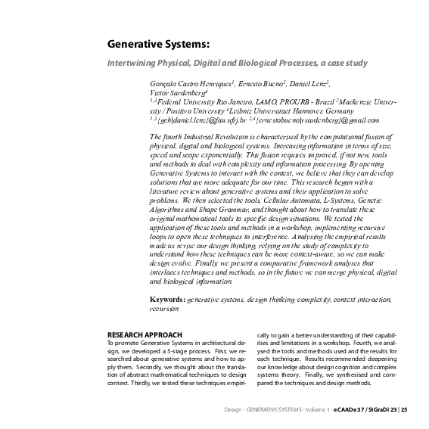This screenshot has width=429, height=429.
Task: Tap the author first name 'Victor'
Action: (161, 92)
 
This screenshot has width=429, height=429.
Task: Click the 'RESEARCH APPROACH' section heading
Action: (145, 334)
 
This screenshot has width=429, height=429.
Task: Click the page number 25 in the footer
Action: (405, 409)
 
